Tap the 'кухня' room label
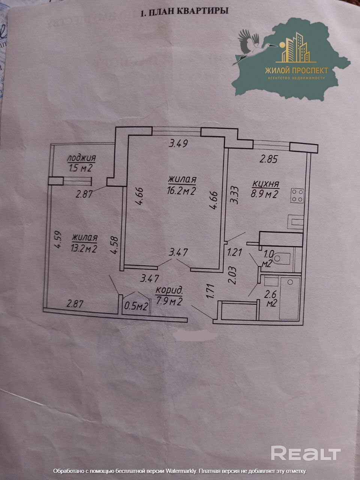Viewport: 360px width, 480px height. [x=265, y=184]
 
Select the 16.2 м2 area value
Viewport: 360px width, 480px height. [x=182, y=191]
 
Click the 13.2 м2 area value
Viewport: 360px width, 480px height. [x=84, y=248]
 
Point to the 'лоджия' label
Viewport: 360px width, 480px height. [x=81, y=158]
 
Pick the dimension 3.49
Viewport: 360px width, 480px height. [x=178, y=143]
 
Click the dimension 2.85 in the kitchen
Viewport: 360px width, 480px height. [x=269, y=159]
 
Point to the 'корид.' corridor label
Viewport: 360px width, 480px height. [x=169, y=290]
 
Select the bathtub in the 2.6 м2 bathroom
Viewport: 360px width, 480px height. [x=290, y=298]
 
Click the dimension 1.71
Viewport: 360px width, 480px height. [x=211, y=291]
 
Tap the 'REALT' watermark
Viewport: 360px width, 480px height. [x=306, y=453]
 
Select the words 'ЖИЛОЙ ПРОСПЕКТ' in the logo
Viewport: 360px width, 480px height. [x=296, y=70]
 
